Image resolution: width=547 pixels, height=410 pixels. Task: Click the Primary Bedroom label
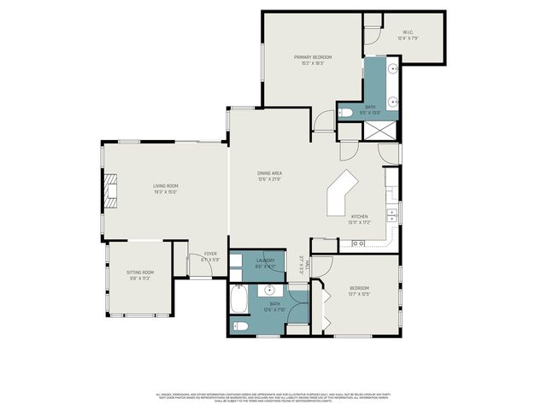[313, 60]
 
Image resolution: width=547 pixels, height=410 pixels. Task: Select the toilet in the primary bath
[346, 112]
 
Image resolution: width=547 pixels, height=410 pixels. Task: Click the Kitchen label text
[359, 220]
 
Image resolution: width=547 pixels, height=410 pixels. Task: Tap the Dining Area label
[270, 176]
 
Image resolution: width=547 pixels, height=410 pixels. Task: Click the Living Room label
[166, 188]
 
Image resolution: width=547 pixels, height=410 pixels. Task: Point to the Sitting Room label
[139, 274]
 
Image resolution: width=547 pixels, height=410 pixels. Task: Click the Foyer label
[209, 256]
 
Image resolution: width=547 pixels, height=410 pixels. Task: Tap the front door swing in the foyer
[200, 266]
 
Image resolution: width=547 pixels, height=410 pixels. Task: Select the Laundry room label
[264, 262]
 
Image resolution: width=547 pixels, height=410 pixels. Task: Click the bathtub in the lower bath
[240, 302]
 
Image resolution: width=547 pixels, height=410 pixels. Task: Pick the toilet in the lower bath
[242, 325]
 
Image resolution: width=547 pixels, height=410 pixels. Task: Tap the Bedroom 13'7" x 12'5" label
[359, 291]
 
